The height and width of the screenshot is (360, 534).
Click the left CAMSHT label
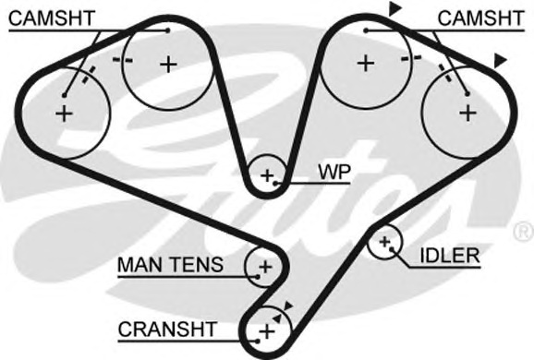click(50, 18)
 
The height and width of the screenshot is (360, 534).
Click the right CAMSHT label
click(479, 18)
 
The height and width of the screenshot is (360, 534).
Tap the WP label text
click(332, 172)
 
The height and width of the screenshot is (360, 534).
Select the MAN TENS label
click(170, 266)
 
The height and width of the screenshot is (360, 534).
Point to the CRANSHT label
click(167, 329)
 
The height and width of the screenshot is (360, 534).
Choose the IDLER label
click(450, 255)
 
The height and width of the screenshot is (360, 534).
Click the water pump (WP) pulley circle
click(268, 174)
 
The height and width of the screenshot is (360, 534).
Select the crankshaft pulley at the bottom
click(267, 330)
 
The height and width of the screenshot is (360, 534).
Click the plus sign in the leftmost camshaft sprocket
click(64, 114)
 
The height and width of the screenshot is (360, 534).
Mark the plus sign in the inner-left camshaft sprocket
click(167, 64)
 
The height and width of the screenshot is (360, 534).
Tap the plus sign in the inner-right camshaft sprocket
click(366, 64)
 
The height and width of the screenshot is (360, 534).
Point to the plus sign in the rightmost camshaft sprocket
click(467, 113)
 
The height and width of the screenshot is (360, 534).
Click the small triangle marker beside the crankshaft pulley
click(289, 306)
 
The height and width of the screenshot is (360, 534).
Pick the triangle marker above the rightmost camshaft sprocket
click(500, 60)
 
